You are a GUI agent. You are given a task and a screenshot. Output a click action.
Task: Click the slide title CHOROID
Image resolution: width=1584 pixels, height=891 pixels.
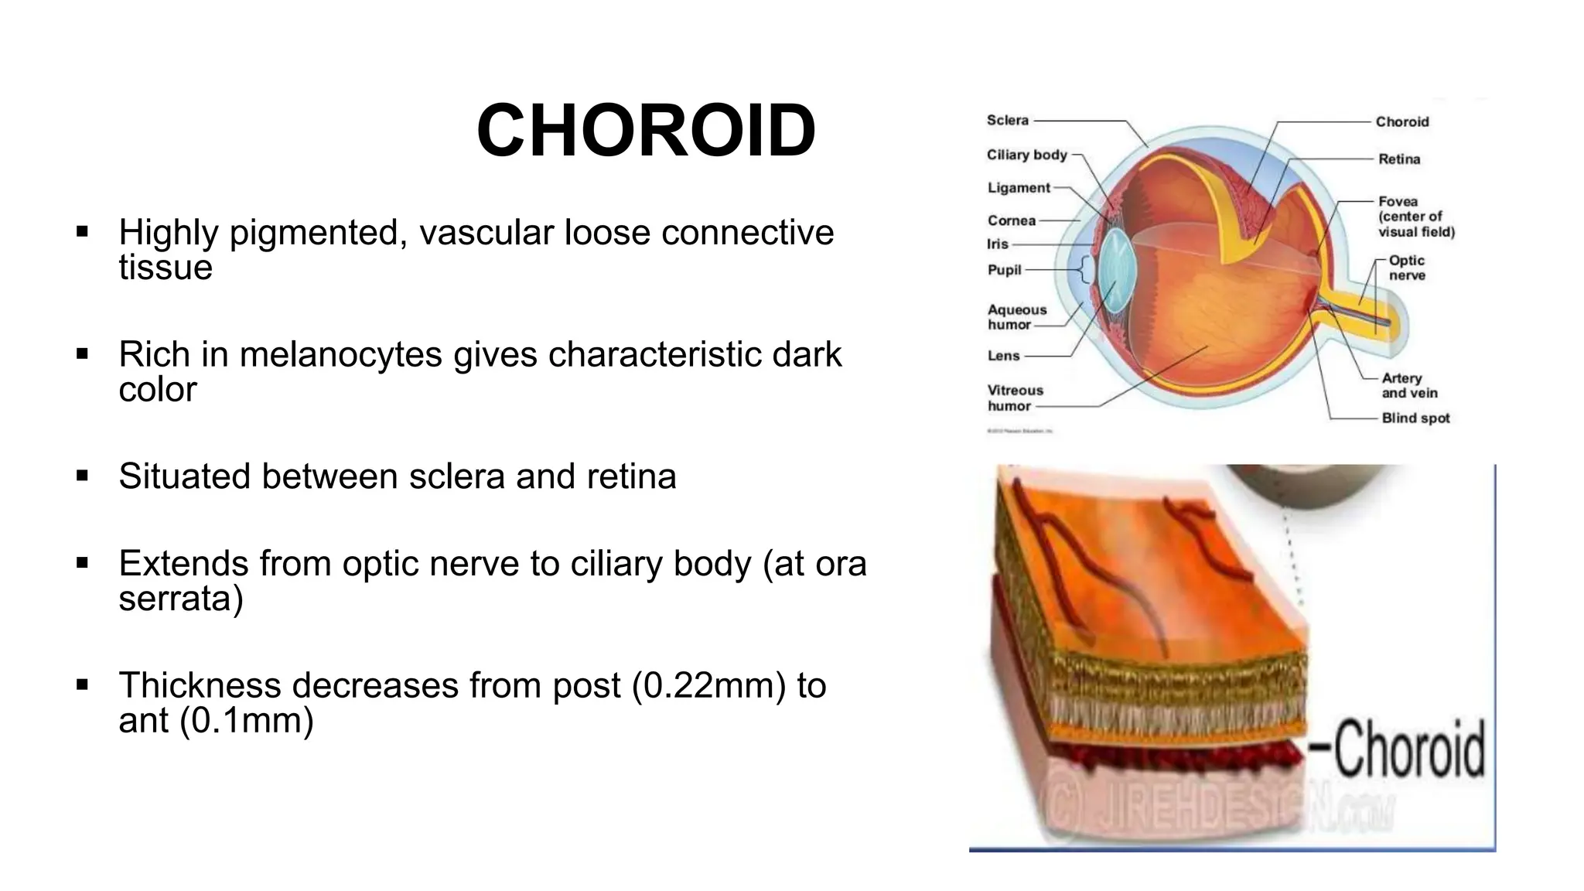646,131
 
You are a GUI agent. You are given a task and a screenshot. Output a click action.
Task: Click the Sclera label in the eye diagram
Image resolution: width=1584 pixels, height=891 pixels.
1007,121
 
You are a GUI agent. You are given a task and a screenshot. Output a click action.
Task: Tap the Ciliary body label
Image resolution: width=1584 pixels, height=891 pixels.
1026,155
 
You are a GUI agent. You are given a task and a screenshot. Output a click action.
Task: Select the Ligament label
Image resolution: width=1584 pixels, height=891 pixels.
1019,188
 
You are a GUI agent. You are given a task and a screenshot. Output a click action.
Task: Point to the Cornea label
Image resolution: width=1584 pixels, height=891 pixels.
1011,220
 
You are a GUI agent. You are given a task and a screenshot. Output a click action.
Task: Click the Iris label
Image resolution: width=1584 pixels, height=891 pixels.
998,244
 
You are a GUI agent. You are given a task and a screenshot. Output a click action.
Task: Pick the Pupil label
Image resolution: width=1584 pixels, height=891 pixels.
1004,270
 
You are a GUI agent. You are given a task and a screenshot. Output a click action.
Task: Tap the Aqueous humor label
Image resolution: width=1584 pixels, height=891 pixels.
1016,317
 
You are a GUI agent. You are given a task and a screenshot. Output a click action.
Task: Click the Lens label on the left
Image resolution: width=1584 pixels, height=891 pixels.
1003,356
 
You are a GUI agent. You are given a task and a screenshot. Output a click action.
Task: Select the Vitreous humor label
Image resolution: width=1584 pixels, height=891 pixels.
1015,398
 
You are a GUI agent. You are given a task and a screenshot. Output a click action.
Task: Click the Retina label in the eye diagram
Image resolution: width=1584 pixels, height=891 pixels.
1398,159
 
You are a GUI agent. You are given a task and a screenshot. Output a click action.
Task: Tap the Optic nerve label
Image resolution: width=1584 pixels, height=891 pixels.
1406,268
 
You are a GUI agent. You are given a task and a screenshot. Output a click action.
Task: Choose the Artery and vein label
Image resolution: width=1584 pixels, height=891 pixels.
1408,385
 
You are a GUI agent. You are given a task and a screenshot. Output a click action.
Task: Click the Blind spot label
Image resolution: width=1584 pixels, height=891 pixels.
1415,418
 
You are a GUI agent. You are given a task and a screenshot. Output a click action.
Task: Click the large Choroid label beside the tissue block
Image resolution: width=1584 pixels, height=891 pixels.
1408,748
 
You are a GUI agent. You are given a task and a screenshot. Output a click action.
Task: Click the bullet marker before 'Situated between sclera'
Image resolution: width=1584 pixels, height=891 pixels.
83,476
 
